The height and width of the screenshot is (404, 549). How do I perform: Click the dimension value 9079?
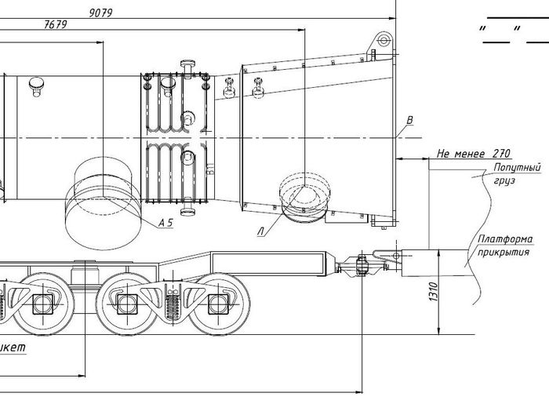coord(101,13)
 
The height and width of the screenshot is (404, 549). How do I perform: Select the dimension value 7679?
coord(56,24)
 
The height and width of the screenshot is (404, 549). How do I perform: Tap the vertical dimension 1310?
coord(434,292)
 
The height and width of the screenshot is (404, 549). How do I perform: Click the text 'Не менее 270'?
coord(474,153)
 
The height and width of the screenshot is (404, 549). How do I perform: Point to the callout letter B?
coord(409,120)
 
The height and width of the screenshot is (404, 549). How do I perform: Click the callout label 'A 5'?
coord(166,223)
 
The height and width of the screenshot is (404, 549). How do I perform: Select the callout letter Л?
coord(261,231)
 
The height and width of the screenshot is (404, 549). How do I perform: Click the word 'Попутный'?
coord(517,168)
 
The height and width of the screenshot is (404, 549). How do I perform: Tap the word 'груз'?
coord(504,180)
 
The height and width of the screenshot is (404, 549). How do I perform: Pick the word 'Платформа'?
coord(506,239)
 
